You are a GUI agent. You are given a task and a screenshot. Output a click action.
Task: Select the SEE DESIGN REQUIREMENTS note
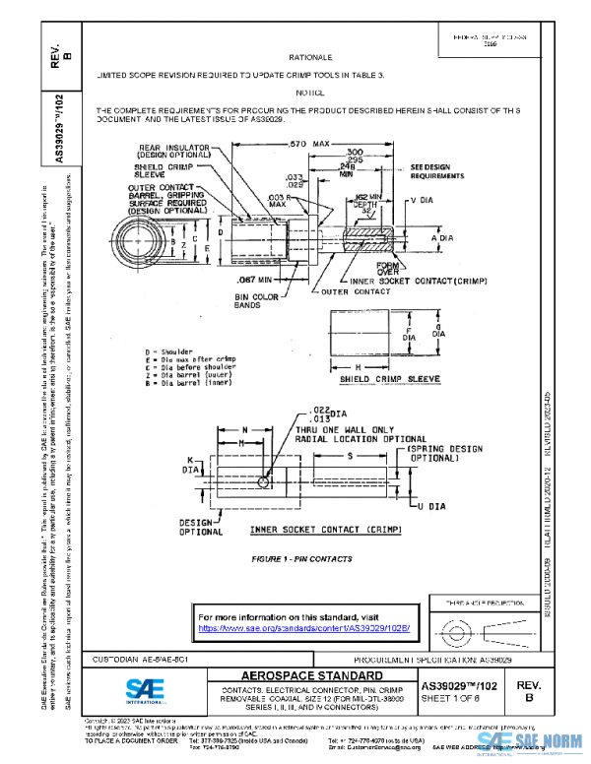tap(437, 172)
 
